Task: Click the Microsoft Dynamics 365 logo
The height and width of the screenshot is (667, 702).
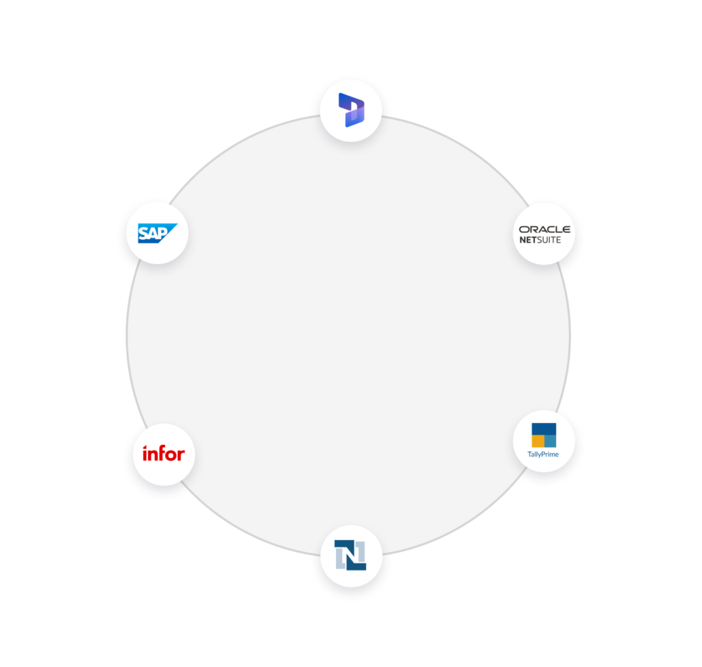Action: (351, 110)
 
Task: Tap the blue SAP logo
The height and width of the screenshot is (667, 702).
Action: (157, 234)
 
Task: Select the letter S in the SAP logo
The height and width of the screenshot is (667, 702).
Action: (144, 234)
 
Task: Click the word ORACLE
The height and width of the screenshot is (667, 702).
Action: (544, 230)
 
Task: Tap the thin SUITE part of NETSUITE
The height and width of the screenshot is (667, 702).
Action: (550, 240)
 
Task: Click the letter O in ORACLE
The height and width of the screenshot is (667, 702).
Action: (524, 230)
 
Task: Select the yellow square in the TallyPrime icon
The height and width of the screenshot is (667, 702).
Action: (538, 441)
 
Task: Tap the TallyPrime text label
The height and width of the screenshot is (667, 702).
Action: (543, 454)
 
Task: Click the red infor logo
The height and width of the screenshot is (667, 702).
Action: (163, 453)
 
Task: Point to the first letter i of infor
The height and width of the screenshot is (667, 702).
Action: (145, 453)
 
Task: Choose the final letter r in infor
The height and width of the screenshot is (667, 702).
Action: (180, 454)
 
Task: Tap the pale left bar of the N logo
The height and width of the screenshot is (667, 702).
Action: (339, 558)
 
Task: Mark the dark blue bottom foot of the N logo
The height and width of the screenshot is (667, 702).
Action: (357, 566)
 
